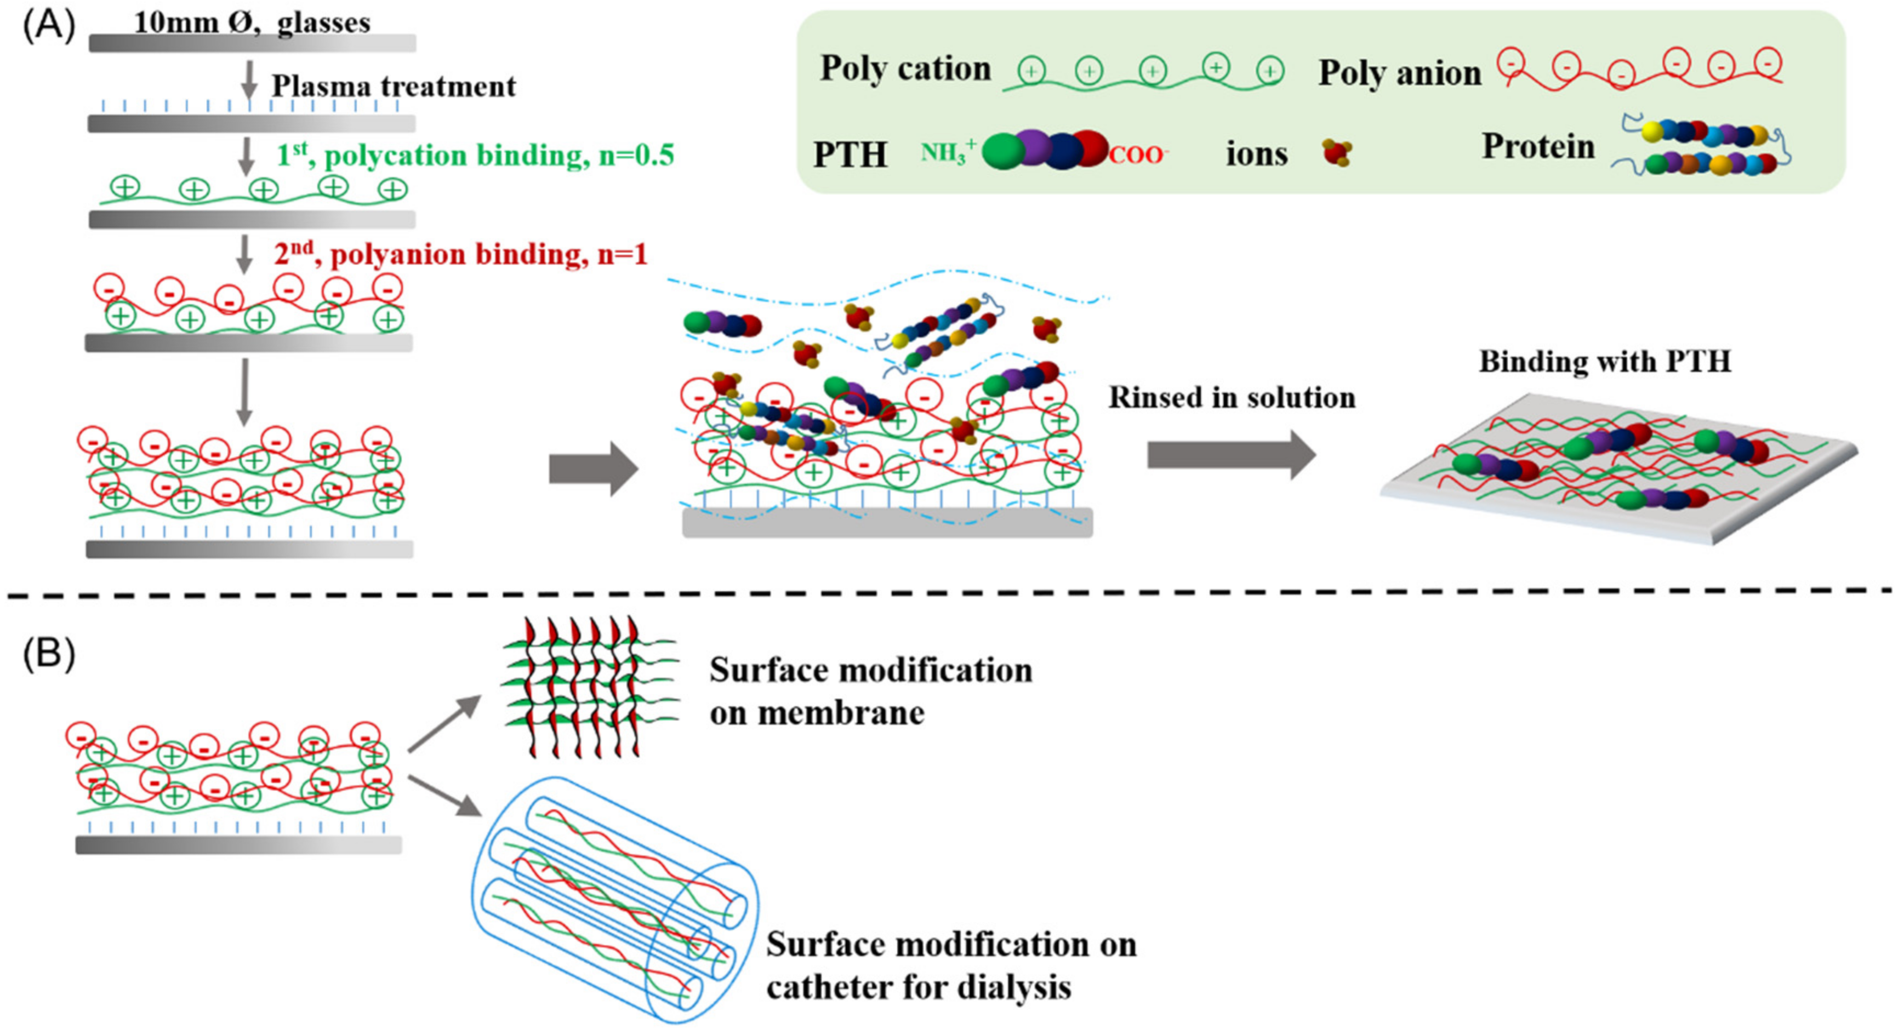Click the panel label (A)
49,26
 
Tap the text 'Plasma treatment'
394,86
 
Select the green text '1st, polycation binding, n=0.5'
475,156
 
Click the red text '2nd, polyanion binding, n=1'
460,255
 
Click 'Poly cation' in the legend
905,68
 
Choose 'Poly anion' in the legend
1399,73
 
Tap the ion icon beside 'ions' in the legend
1337,153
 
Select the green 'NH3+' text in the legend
948,152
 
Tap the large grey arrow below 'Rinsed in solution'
1231,455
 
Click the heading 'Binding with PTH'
1605,362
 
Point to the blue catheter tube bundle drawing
615,899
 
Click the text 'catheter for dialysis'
918,987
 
